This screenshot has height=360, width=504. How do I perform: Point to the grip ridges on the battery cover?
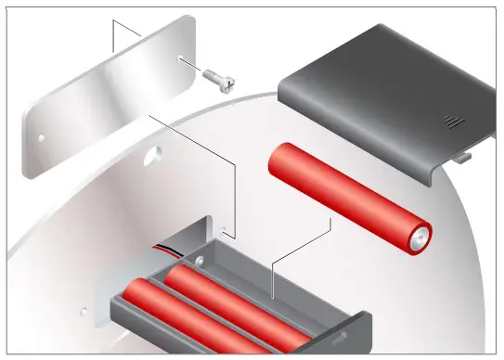(451, 122)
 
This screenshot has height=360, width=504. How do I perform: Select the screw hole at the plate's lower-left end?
(41, 140)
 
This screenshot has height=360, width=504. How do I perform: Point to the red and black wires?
(167, 251)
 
